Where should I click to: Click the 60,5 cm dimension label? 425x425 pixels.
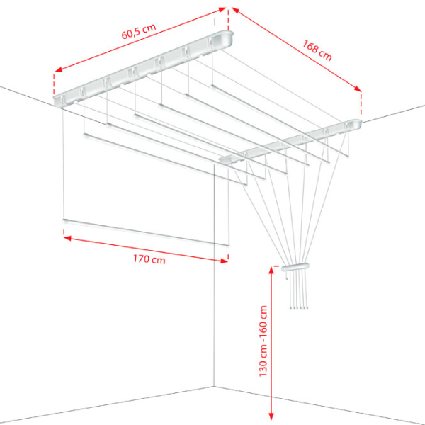tap(139, 31)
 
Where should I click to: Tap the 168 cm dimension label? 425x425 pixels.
tap(317, 50)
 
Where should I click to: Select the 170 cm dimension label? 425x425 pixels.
tap(149, 259)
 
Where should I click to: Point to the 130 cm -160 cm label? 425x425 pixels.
tap(263, 341)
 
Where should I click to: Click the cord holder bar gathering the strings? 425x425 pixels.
tap(295, 267)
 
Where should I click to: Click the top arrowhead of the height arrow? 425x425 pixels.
tap(271, 271)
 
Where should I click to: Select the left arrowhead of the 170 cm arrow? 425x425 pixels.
tap(67, 238)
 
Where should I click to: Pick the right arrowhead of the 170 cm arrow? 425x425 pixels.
tap(224, 261)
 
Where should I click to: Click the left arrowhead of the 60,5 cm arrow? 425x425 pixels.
tap(58, 69)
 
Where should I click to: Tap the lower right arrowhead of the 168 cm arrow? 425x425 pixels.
tap(358, 88)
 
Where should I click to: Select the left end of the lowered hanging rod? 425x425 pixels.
tap(65, 221)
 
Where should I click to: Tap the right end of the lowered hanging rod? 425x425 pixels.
tap(227, 246)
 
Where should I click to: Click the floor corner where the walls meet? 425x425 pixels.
tap(214, 387)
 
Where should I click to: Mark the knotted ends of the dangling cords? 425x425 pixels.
tap(299, 307)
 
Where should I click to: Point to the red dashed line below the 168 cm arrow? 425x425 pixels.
tap(361, 105)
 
